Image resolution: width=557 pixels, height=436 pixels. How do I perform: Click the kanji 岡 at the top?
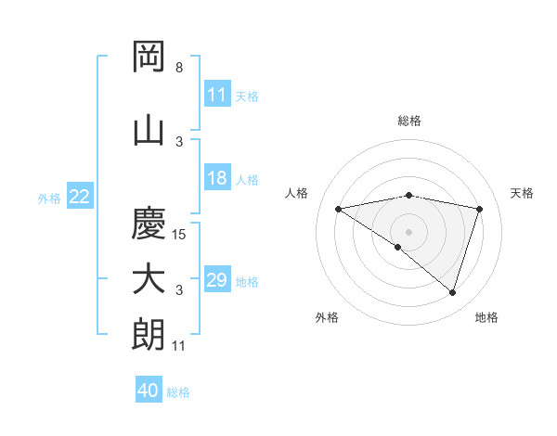[x=149, y=58]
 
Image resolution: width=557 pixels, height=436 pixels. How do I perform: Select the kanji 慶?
[x=149, y=223]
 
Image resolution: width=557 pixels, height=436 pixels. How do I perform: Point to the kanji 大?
[x=149, y=279]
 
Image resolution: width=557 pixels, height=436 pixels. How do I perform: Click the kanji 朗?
[x=149, y=335]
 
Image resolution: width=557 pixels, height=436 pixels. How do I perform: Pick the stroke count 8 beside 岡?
[x=179, y=68]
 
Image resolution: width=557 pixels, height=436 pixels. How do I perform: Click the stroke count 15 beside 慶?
[x=180, y=235]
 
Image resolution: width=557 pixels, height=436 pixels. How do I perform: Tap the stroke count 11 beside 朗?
[x=180, y=346]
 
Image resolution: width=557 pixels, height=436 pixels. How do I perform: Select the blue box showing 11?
[x=216, y=95]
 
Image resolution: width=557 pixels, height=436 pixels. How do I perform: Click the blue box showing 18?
[x=216, y=178]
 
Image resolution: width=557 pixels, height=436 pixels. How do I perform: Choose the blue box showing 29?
[x=216, y=280]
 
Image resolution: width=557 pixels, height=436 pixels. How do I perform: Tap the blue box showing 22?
[x=80, y=197]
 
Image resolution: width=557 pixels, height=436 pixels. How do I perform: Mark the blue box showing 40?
[x=149, y=391]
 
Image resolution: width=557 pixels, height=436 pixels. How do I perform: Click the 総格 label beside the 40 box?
[x=178, y=392]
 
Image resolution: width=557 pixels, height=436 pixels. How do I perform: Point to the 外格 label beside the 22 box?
[x=49, y=198]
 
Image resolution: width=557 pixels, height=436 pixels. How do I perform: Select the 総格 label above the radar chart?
[x=408, y=121]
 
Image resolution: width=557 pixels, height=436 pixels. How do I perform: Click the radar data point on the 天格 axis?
[x=479, y=209]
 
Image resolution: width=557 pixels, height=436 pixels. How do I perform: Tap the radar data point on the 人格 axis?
[x=339, y=209]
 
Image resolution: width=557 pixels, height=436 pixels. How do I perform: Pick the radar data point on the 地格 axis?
[x=452, y=292]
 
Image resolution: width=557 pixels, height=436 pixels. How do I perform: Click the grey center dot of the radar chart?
[x=408, y=231]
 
